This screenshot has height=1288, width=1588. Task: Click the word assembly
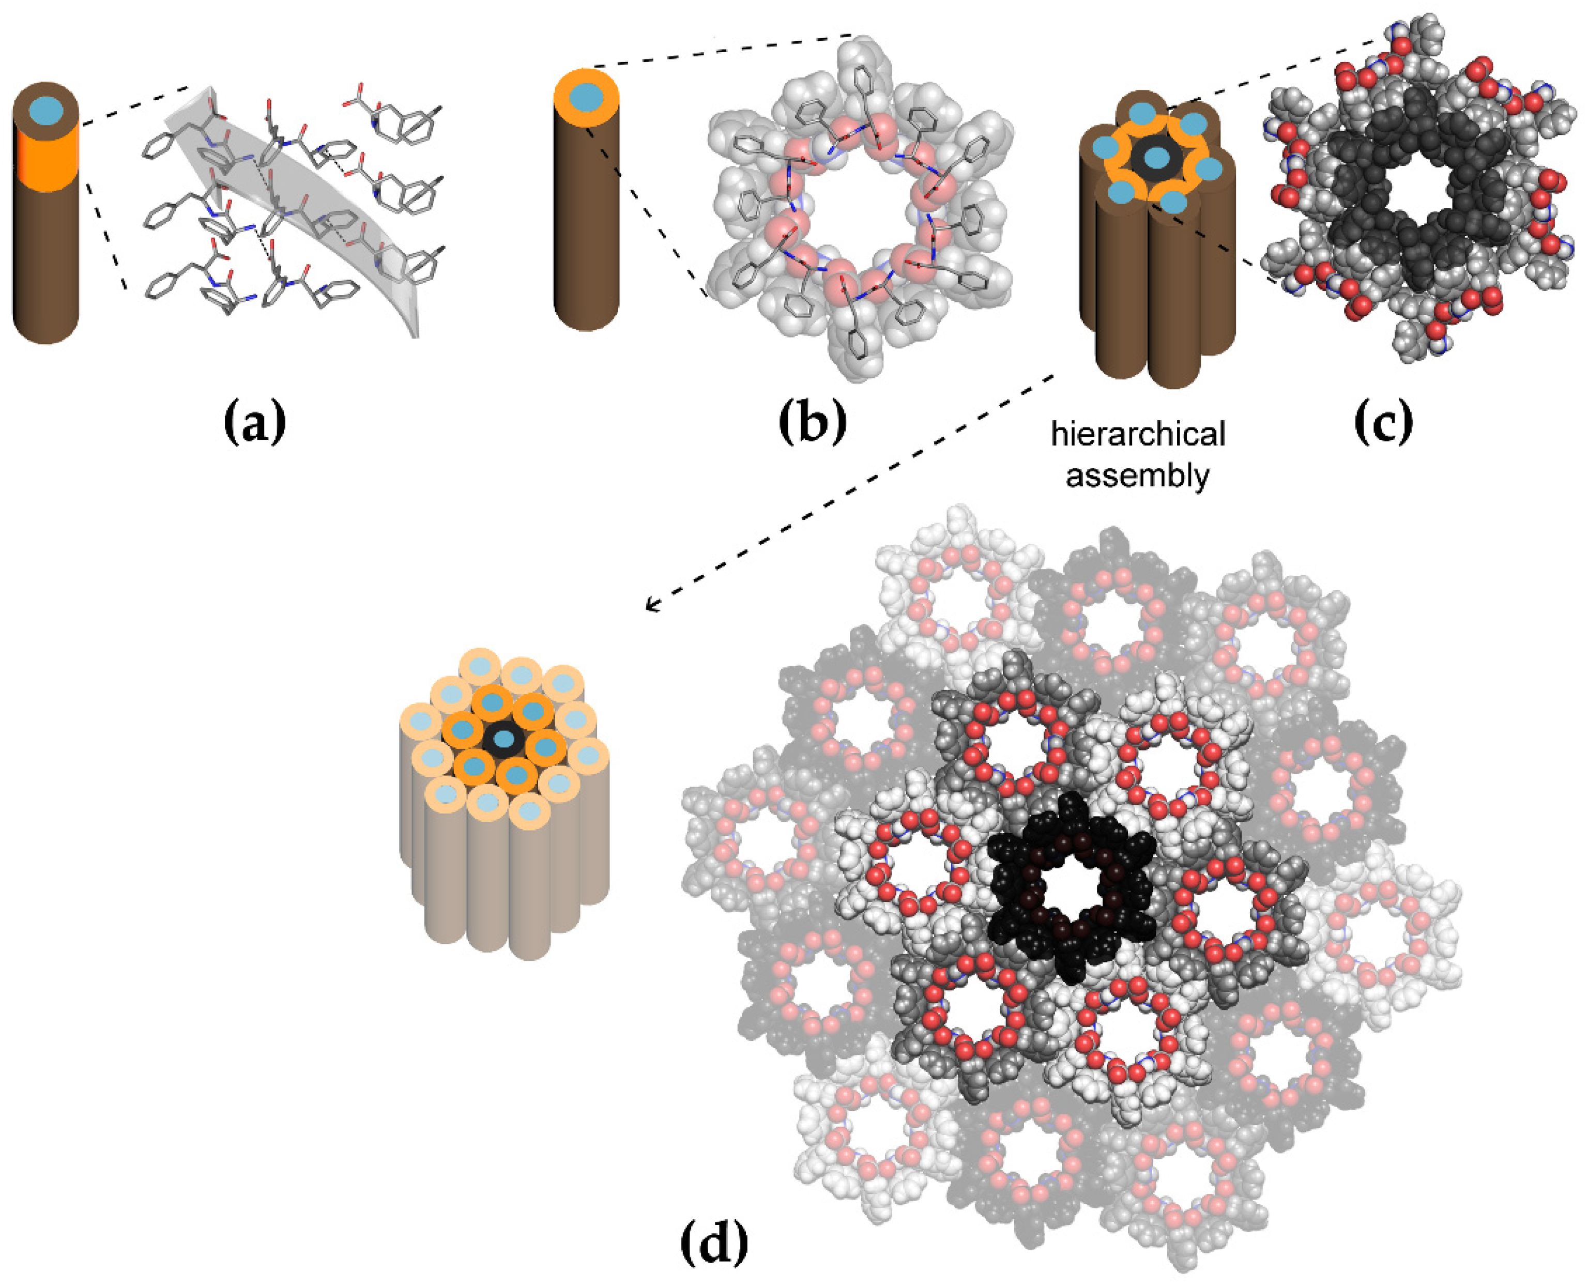[1138, 475]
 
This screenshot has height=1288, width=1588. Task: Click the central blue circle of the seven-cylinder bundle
[1156, 157]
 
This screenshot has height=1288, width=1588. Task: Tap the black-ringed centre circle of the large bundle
[504, 739]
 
